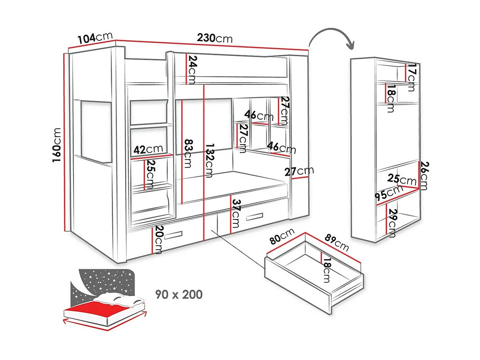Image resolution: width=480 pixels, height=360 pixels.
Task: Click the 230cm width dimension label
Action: tap(215, 38)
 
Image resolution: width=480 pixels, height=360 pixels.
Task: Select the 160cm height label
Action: tap(57, 145)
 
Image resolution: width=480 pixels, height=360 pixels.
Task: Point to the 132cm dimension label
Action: tap(210, 160)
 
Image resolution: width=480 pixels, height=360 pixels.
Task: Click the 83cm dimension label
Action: tap(188, 153)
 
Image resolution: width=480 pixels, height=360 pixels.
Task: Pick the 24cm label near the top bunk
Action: tap(192, 70)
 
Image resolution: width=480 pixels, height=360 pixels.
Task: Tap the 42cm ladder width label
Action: tap(148, 150)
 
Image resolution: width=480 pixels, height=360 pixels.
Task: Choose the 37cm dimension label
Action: tap(236, 213)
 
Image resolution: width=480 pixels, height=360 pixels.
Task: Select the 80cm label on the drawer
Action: tap(282, 236)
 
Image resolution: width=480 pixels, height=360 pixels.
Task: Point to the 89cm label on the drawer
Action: tap(337, 242)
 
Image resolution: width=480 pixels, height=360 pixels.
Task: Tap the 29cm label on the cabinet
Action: tap(393, 223)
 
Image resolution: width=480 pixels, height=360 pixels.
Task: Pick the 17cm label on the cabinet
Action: tap(411, 77)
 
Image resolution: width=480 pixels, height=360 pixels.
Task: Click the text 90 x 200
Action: tap(179, 295)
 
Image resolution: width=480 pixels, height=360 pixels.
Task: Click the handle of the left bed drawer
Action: tap(173, 235)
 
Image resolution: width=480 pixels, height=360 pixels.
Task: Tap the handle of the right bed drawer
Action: tap(254, 217)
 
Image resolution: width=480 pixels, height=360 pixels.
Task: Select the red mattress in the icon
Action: tap(99, 309)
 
